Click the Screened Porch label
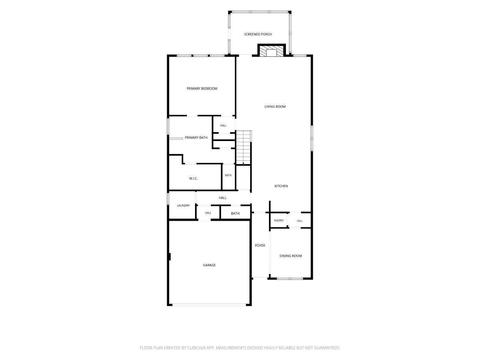coord(258,34)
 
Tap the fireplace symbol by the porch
coord(271,51)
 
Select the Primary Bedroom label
coord(202,88)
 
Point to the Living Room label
coord(275,107)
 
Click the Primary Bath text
coord(196,137)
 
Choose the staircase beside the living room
coord(243,147)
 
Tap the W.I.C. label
coord(193,178)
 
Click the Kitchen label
coord(281,186)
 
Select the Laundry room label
coord(183,205)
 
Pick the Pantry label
coord(279,220)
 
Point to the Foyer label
coord(260,245)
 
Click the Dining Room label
coord(290,256)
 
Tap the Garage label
coord(209,265)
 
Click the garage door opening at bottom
coord(209,305)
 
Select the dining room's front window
coord(290,279)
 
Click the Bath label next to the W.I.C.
coord(228,175)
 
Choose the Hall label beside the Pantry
coord(300,221)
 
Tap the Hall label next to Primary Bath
coord(223,125)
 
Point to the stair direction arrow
coord(243,163)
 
